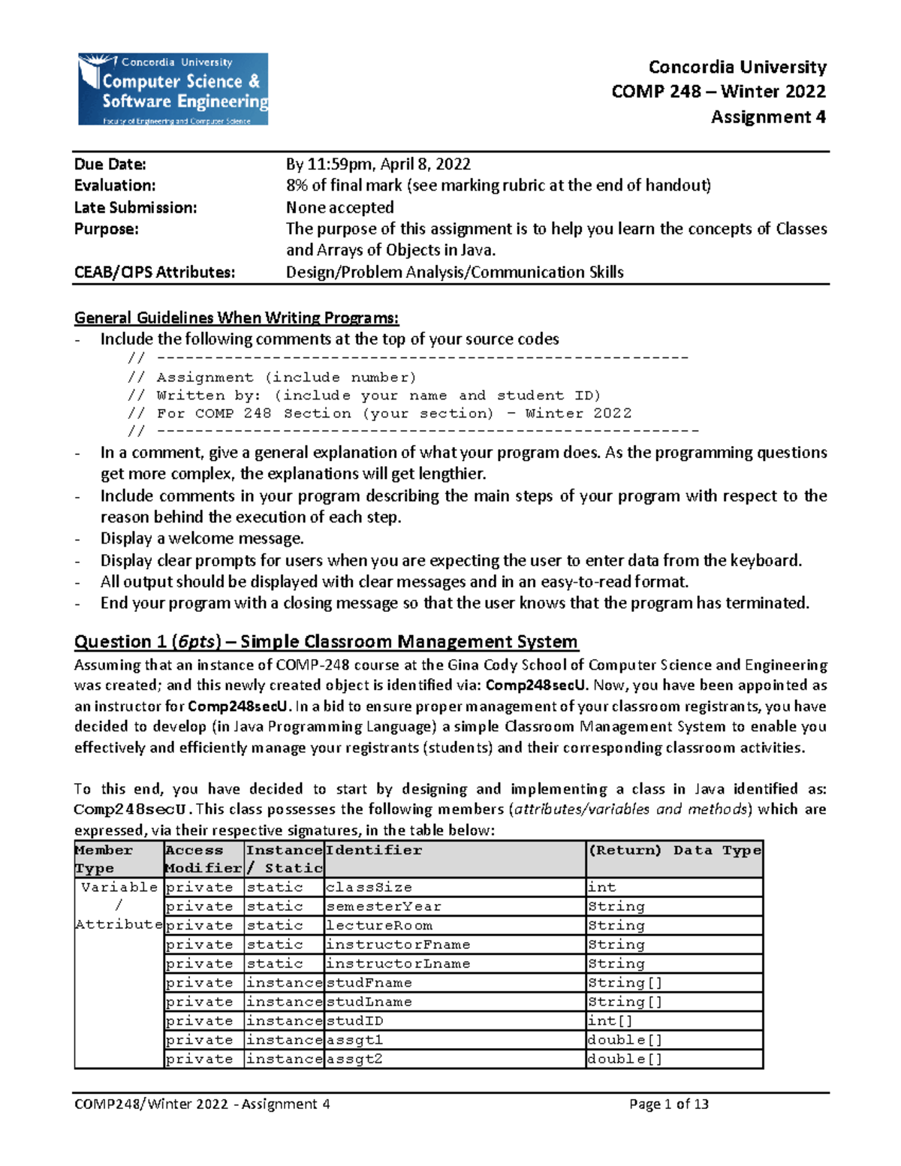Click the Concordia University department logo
coord(173,89)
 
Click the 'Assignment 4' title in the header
coord(767,117)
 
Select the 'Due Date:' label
coord(110,164)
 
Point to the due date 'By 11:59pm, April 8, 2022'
coord(378,164)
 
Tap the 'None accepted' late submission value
coord(339,207)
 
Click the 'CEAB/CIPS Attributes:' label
coord(154,272)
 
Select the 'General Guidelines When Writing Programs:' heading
coord(236,318)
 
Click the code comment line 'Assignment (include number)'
coord(285,378)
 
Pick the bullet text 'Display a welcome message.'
coord(202,538)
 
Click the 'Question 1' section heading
coord(325,642)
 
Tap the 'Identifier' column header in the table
coord(374,851)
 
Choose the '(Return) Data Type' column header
coord(674,851)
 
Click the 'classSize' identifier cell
coord(369,887)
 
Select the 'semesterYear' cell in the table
coord(383,907)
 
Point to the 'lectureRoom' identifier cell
coord(378,926)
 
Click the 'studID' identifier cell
coord(354,1021)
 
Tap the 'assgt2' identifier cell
coord(354,1059)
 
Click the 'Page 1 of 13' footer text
coord(668,1104)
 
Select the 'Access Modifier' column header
coord(203,859)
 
